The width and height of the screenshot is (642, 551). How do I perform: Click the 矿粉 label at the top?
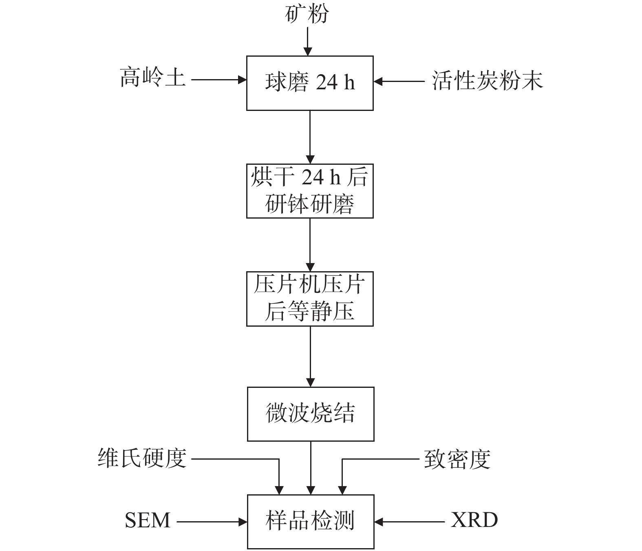pos(307,15)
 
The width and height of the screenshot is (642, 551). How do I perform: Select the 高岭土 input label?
pos(153,77)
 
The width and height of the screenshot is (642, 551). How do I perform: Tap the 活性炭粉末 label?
pos(487,80)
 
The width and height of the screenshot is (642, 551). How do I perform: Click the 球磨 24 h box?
pos(310,83)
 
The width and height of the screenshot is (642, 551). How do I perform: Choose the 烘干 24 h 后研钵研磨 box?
pos(310,191)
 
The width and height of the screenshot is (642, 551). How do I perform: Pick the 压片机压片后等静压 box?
pos(310,299)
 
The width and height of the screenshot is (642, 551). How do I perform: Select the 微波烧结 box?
pos(311,414)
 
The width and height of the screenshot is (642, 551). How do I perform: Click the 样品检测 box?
pos(311,521)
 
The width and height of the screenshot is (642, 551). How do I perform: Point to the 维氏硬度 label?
pos(142,458)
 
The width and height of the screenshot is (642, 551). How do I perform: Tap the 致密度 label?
pos(457,460)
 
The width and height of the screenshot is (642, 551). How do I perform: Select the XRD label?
pos(474,520)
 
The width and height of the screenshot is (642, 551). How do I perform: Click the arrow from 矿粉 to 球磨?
pos(308,41)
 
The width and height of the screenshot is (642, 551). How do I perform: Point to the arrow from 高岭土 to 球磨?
pos(218,80)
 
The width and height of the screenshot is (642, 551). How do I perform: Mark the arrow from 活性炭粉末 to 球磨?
pos(399,82)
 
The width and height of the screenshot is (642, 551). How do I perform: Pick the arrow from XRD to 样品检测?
pos(410,521)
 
